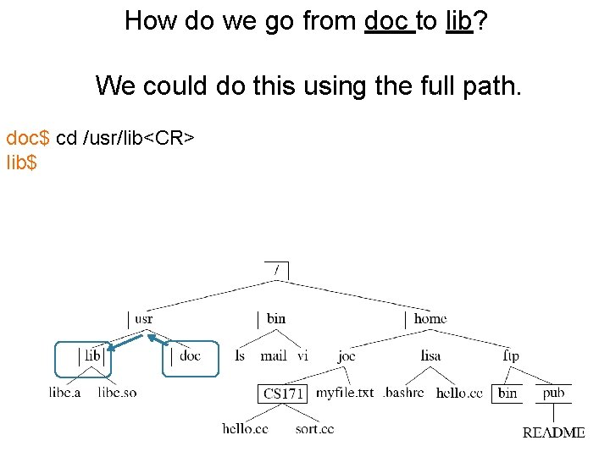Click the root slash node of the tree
point(276,270)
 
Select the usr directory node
point(143,319)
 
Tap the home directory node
point(430,319)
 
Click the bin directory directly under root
point(275,319)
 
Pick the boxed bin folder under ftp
point(507,394)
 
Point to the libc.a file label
point(64,393)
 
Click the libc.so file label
point(117,393)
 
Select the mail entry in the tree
point(274,356)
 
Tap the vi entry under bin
point(302,356)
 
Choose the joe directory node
point(347,356)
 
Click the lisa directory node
point(430,356)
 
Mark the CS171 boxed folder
point(283,394)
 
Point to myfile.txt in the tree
point(345,393)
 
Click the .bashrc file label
point(405,393)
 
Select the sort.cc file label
point(314,429)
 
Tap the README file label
point(553,432)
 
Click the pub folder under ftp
point(553,393)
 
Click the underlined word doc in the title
point(389,20)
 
